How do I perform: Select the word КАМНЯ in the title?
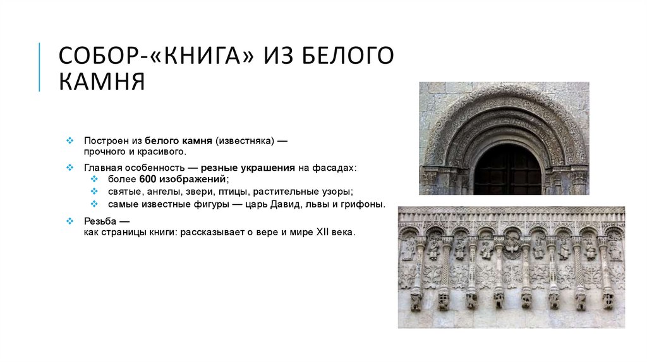tap(102, 82)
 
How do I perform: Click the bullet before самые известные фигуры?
tap(94, 204)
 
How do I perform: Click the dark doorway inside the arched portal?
tap(507, 171)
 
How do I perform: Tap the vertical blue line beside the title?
tap(39, 67)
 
